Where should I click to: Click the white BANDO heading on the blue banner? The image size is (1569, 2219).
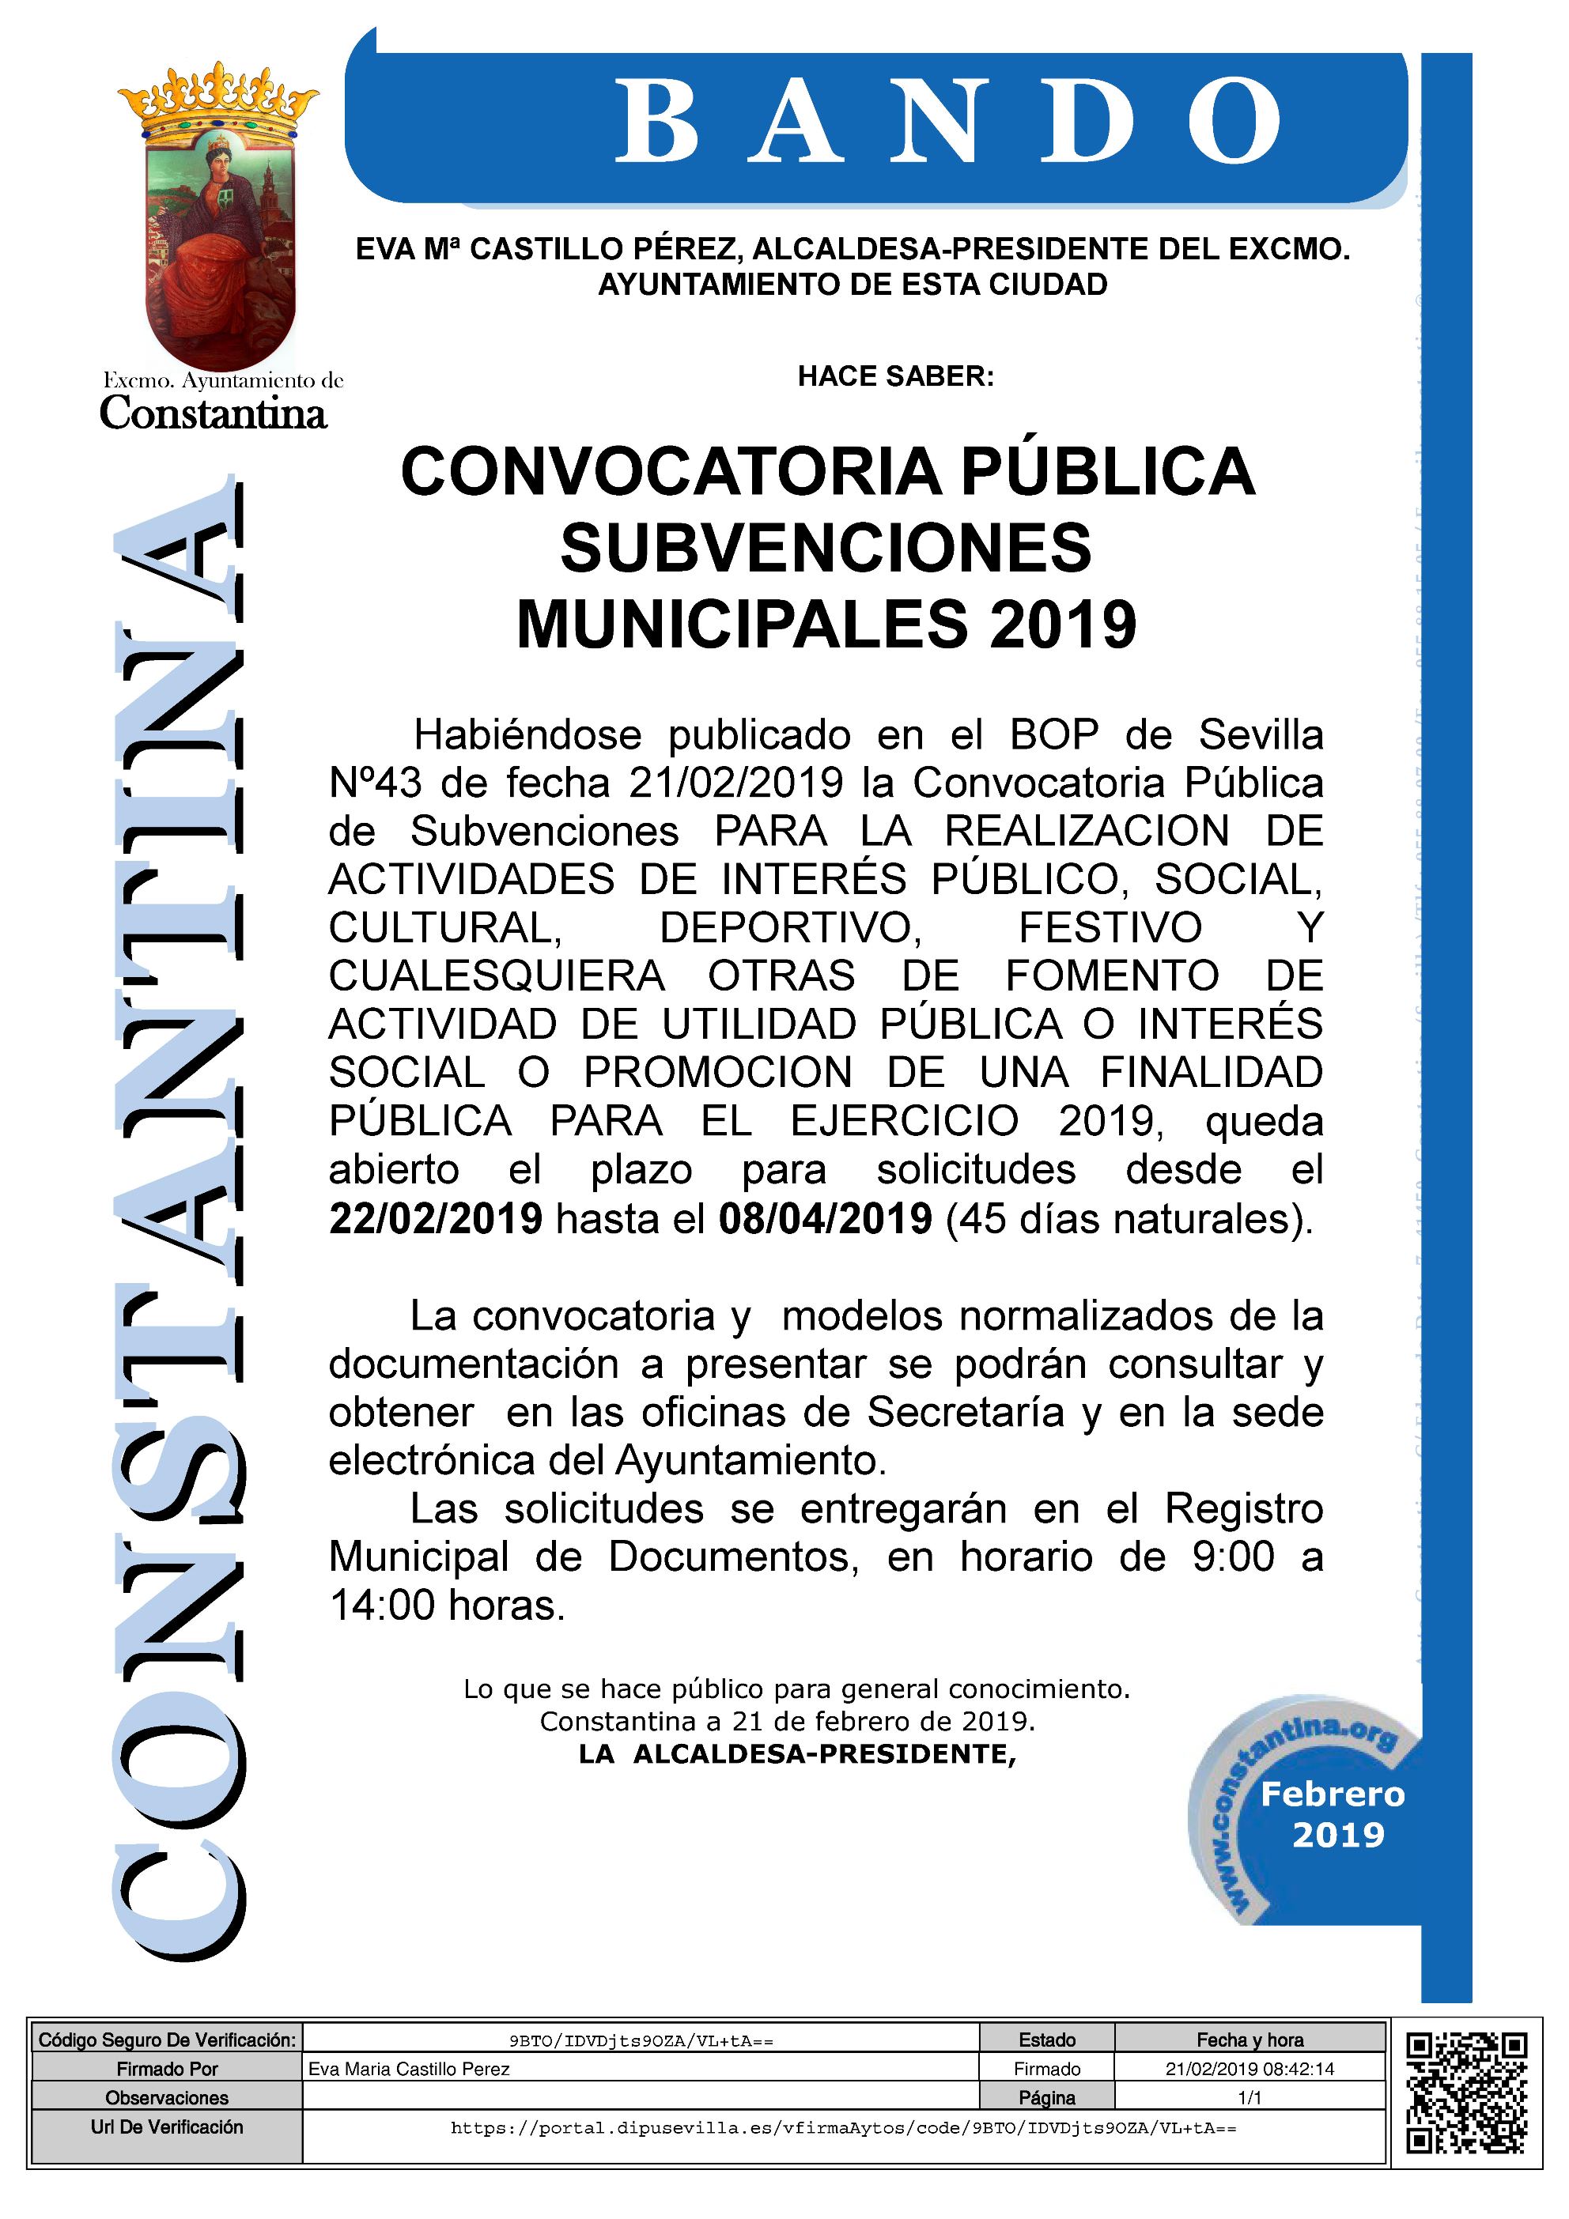(x=947, y=123)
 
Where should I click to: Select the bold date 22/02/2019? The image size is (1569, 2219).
(x=436, y=1219)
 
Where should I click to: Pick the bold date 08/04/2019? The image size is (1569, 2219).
(x=825, y=1219)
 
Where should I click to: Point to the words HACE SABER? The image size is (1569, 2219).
(x=895, y=376)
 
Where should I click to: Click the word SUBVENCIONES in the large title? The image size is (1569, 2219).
(x=826, y=547)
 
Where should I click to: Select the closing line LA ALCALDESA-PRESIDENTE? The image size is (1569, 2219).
(x=798, y=1754)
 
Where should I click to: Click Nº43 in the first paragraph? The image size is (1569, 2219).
(x=375, y=783)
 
